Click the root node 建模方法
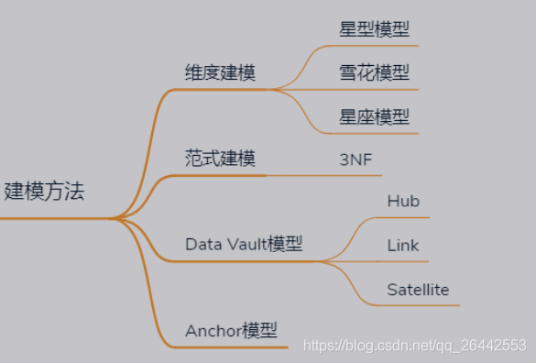45,192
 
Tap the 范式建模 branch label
219,159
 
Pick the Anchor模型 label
231,330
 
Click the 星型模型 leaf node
374,28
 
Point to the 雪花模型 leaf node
374,72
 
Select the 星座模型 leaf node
374,116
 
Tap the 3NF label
356,159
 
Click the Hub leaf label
403,201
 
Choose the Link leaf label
403,246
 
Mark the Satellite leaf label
418,290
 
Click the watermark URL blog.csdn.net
385,346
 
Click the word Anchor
213,330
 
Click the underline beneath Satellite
418,305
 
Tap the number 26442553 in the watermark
495,346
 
